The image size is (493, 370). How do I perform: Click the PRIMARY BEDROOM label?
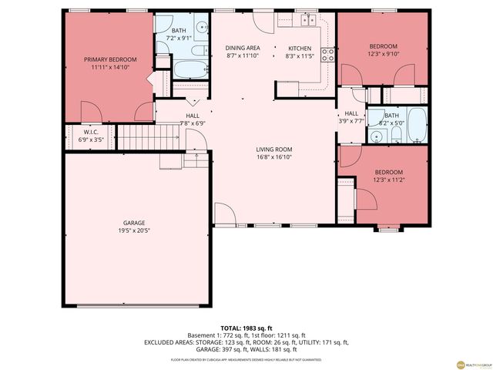pos(110,59)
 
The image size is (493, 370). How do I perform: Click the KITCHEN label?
pos(300,48)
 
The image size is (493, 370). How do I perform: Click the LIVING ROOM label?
pos(274,150)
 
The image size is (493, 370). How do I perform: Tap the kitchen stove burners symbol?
pos(327,54)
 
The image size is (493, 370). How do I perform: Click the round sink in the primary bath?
pos(200,30)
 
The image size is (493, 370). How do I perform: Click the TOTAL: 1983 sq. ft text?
pos(246,328)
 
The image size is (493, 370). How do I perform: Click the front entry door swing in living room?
pos(223,213)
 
